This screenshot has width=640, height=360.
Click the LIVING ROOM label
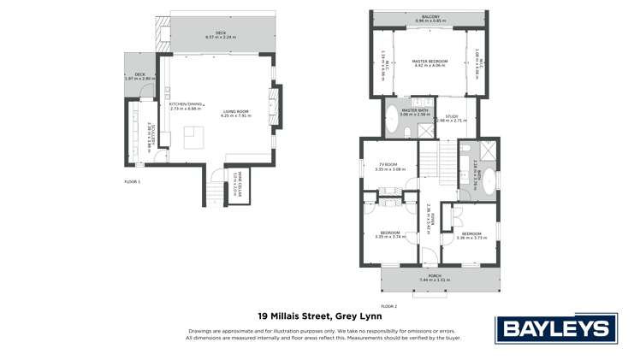click(x=236, y=112)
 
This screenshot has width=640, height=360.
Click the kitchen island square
click(x=196, y=136)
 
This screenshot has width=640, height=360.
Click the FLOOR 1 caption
click(x=132, y=181)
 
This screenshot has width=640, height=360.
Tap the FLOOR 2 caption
click(x=389, y=305)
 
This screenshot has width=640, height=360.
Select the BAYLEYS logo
click(x=555, y=328)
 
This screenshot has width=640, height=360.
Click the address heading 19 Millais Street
click(x=320, y=316)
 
